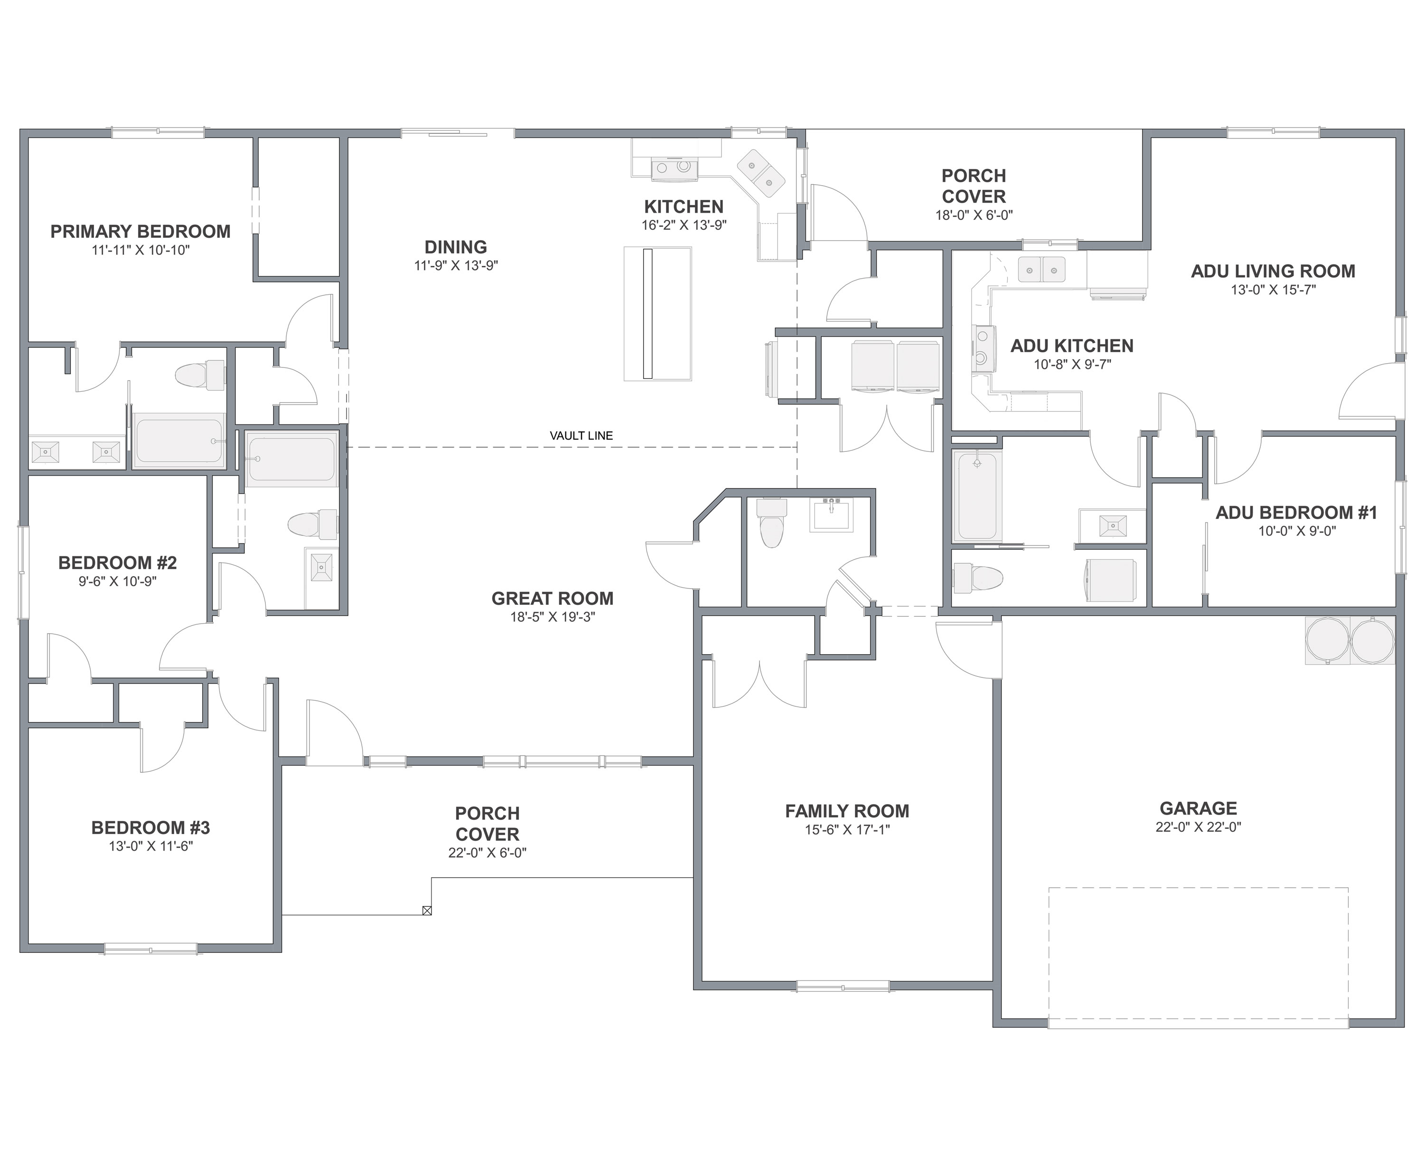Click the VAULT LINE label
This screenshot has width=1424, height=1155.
coord(581,436)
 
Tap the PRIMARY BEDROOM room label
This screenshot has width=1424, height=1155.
coord(141,232)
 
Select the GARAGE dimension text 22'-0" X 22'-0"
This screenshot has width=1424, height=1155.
coord(1199,827)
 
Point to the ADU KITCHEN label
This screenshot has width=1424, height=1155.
coord(1072,346)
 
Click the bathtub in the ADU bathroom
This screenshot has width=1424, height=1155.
coord(977,497)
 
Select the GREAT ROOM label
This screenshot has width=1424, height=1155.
coord(552,599)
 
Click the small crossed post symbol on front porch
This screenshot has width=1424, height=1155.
coord(427,910)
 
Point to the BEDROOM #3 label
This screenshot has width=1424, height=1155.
coord(150,827)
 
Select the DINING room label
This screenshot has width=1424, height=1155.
coord(456,247)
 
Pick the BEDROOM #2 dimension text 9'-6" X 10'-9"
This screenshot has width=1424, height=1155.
coord(118,582)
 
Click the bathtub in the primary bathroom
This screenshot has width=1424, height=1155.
coord(179,441)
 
